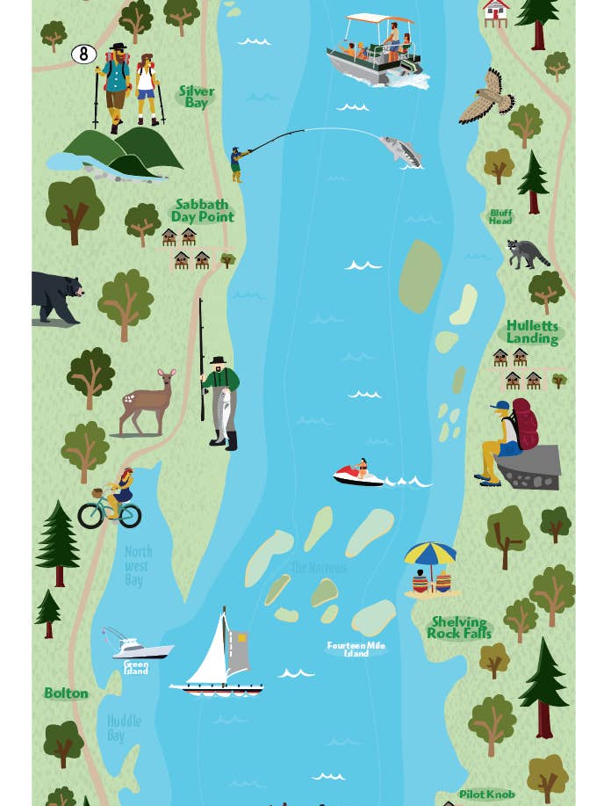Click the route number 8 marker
click(83, 54)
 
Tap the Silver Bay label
click(197, 97)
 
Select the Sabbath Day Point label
click(203, 211)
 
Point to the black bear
click(56, 296)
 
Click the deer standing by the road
click(148, 403)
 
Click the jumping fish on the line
click(401, 151)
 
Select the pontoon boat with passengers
click(373, 51)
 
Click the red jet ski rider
click(359, 474)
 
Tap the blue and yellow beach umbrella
click(430, 555)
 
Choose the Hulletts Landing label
click(532, 332)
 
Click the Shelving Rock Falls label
click(459, 628)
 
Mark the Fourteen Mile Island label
click(356, 650)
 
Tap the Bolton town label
click(67, 693)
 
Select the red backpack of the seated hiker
click(524, 424)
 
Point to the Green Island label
click(136, 668)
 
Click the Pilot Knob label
click(487, 795)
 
